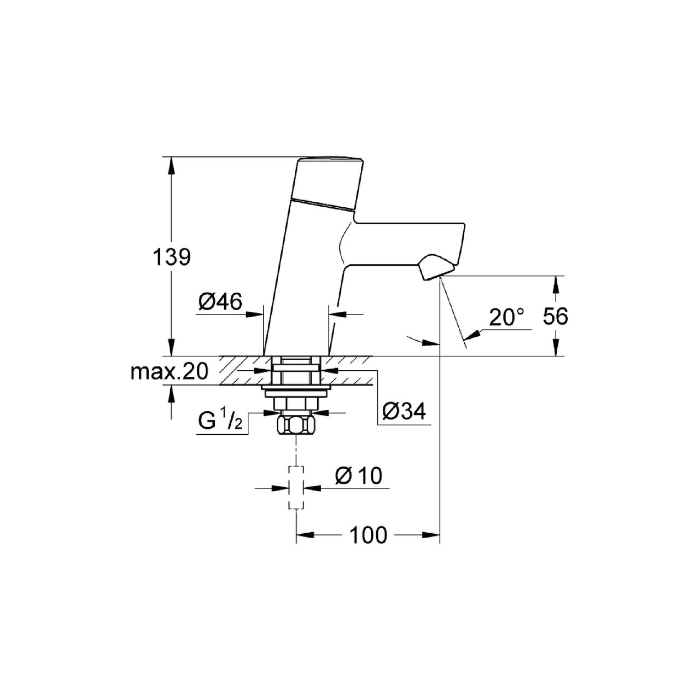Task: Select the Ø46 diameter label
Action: pyautogui.click(x=220, y=301)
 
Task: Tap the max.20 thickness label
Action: pyautogui.click(x=170, y=372)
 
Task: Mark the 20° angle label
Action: pyautogui.click(x=506, y=318)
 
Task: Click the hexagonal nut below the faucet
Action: pyautogui.click(x=295, y=424)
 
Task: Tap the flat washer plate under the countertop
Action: pyautogui.click(x=295, y=389)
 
